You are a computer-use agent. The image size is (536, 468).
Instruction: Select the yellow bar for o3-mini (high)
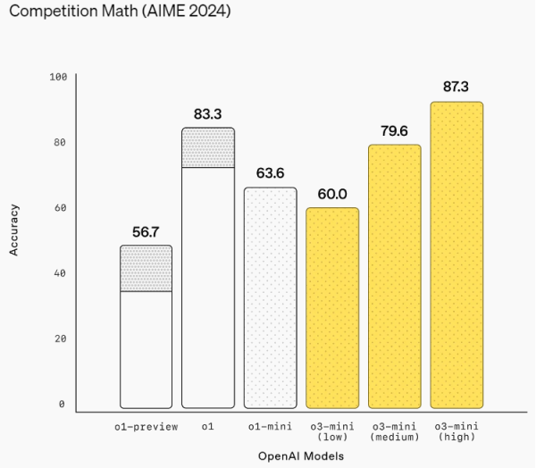(x=456, y=255)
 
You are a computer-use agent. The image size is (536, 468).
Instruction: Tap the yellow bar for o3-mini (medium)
(x=394, y=276)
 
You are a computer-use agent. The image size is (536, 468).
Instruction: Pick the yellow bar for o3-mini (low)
(x=332, y=307)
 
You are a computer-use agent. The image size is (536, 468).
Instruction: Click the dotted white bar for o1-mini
(x=270, y=297)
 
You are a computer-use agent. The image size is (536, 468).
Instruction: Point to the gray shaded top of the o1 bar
(x=207, y=147)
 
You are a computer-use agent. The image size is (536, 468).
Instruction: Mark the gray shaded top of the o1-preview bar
(x=146, y=268)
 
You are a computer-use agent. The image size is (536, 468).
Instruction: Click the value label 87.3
(x=456, y=88)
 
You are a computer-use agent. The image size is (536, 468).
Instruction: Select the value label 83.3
(x=208, y=114)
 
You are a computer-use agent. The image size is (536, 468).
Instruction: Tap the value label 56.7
(x=146, y=231)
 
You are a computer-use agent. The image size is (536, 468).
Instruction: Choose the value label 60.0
(x=332, y=194)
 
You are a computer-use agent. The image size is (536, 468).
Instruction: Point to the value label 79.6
(x=394, y=130)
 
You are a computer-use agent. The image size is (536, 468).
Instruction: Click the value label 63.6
(x=270, y=173)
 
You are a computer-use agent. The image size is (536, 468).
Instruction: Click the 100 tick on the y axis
(x=59, y=78)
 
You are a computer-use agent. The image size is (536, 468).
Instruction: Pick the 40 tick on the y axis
(x=61, y=273)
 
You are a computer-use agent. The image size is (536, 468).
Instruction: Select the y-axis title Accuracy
(x=14, y=232)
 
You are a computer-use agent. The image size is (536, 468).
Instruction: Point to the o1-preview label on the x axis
(x=147, y=427)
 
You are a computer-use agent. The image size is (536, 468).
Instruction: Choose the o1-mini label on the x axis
(x=270, y=427)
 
